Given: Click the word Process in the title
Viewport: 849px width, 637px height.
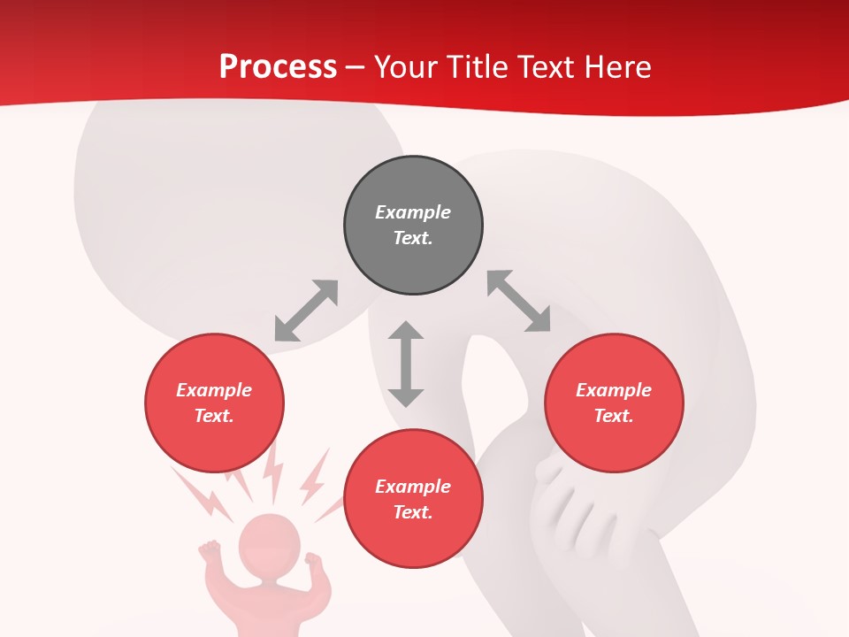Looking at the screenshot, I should coord(278,67).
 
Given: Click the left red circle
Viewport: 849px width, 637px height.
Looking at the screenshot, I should coord(214,403).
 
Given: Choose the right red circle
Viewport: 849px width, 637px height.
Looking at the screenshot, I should coord(614,403).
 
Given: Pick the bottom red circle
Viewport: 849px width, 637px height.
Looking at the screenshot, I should coord(413,499).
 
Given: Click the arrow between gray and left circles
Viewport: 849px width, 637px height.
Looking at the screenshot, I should coord(306,311).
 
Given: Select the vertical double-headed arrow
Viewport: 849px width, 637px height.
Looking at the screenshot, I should coord(406,364).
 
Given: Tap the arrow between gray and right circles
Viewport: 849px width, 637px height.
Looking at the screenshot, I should coord(519,302).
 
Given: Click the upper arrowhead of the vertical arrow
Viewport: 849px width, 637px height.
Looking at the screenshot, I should coord(406,331).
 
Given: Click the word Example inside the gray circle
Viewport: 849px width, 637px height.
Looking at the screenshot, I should coord(413,212).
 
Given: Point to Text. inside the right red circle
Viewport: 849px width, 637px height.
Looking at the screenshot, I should coord(614,416).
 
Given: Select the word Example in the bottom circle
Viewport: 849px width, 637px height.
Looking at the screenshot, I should coord(413,487).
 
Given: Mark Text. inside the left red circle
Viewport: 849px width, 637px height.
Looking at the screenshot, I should coord(214,416).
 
